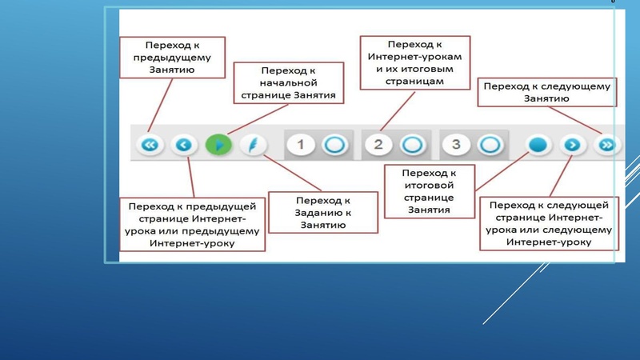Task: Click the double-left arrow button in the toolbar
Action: pos(150,145)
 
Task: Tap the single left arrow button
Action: pos(184,145)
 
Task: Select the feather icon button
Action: pos(252,145)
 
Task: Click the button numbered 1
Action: pos(301,145)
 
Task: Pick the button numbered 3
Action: pos(456,145)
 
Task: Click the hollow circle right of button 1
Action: pos(334,145)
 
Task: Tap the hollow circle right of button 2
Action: pos(411,145)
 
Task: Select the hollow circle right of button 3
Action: pos(489,145)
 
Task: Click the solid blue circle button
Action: pos(538,145)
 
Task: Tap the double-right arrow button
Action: pos(607,145)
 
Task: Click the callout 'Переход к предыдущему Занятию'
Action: pos(171,57)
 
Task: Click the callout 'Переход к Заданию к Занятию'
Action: pos(323,213)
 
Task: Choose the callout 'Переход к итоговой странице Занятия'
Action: pos(430,191)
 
